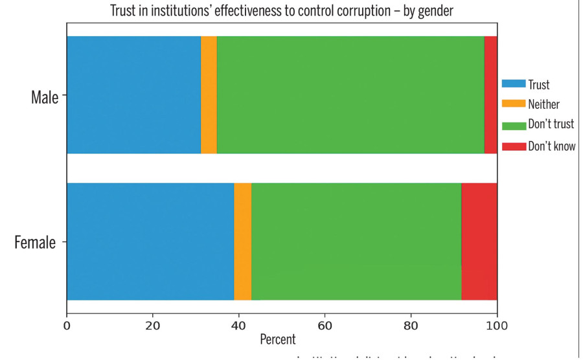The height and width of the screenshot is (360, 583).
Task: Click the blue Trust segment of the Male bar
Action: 133,95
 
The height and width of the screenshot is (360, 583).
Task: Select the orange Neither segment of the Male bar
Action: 209,95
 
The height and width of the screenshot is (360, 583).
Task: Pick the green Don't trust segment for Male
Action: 350,95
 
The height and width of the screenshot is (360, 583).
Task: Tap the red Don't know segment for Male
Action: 490,95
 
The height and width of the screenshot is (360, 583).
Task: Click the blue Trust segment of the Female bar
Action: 150,242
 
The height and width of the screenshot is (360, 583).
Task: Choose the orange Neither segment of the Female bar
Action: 242,242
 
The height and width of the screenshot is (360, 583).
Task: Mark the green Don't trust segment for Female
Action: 356,242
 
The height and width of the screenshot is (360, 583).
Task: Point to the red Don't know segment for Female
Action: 479,242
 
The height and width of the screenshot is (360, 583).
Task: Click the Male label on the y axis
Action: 44,98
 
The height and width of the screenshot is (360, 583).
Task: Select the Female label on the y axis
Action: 35,243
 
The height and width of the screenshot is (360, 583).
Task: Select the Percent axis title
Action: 277,339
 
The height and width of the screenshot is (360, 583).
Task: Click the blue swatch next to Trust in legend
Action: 513,84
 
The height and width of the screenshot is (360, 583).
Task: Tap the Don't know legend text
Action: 551,146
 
